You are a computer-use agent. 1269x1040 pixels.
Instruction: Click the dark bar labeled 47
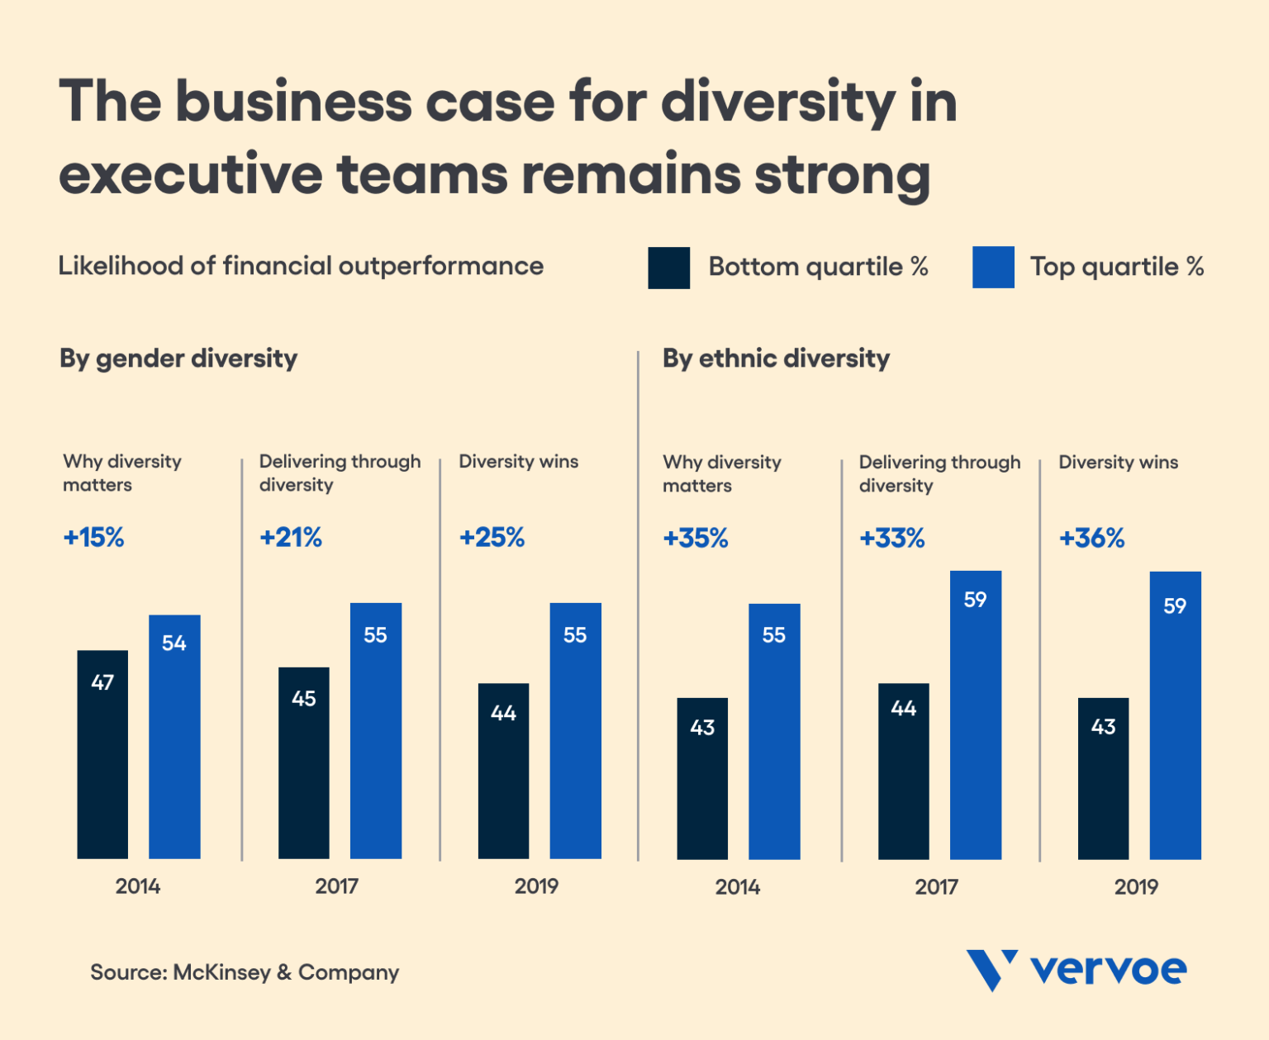102,753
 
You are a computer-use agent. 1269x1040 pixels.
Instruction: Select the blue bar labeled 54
174,736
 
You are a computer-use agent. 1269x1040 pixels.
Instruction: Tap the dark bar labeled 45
303,762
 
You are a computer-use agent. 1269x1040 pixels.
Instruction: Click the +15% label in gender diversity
93,538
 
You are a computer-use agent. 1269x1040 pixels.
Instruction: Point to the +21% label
291,538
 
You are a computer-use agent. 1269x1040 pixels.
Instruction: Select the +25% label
492,538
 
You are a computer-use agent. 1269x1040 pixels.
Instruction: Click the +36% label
1091,539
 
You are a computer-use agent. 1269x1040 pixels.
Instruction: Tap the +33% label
891,539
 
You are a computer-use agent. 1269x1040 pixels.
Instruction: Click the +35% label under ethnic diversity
696,539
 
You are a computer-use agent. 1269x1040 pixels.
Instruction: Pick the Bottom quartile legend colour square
668,268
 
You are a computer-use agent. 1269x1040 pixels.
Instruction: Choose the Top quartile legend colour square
993,268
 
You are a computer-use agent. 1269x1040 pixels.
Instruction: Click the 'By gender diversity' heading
178,359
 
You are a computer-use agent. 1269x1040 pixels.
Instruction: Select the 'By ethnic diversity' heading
776,359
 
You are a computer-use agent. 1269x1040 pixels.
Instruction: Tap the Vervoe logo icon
991,970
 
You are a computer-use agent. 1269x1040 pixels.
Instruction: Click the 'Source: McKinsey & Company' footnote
245,972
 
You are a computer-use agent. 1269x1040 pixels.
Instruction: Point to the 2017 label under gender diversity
336,886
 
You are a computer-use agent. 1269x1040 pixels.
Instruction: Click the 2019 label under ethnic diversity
1136,887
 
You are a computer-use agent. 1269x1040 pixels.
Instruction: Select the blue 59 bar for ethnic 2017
975,715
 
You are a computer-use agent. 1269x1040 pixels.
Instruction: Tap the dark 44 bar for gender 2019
503,770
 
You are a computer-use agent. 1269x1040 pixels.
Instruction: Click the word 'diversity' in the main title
777,102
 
